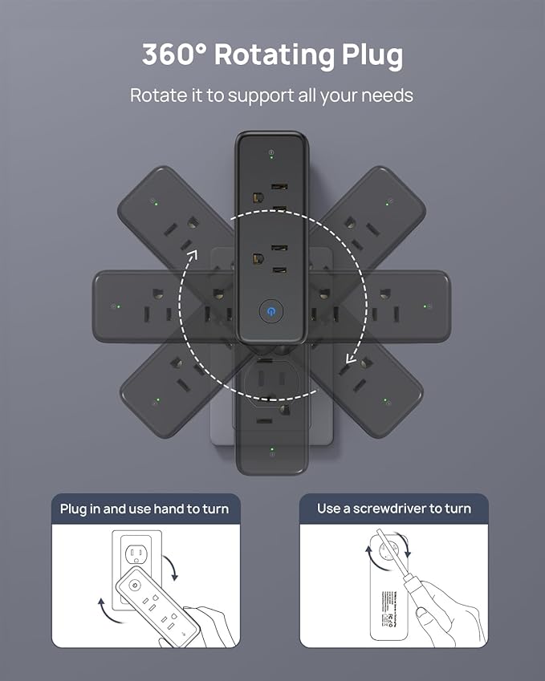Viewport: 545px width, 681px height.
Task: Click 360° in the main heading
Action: tap(173, 55)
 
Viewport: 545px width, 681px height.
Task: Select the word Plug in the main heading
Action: tap(372, 56)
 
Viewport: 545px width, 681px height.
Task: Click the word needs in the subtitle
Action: tap(386, 95)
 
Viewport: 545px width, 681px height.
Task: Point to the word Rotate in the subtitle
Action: tap(157, 95)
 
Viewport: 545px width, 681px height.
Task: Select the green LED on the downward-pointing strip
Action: tap(272, 450)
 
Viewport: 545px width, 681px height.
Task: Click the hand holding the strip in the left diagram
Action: tap(210, 626)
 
